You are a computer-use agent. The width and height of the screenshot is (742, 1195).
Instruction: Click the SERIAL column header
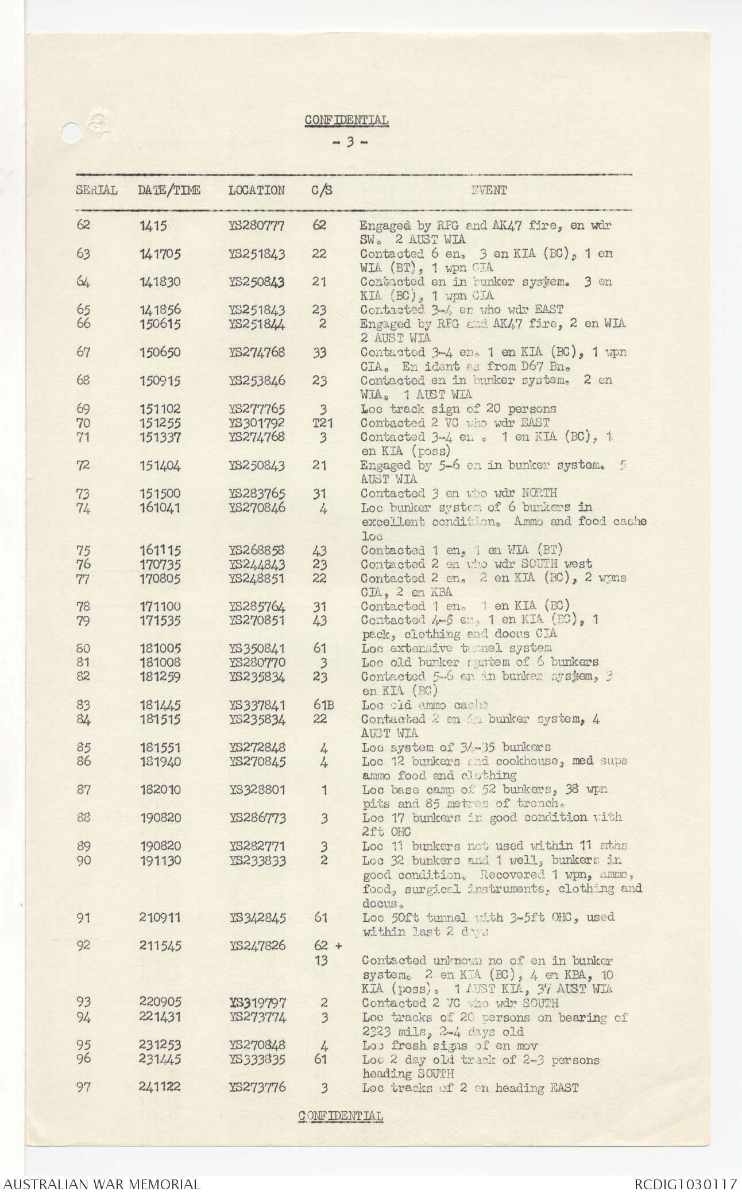pyautogui.click(x=96, y=190)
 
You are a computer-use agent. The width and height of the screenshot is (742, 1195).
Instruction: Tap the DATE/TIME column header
pyautogui.click(x=169, y=190)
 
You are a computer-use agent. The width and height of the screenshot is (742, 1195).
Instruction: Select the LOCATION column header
pyautogui.click(x=256, y=190)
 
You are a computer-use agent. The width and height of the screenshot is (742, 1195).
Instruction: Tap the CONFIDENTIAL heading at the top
pyautogui.click(x=346, y=120)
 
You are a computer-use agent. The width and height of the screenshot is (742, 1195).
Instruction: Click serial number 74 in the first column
pyautogui.click(x=84, y=507)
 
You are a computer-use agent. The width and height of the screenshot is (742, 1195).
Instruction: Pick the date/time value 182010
pyautogui.click(x=160, y=790)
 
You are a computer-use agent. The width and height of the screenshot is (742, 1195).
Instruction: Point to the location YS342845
pyautogui.click(x=257, y=918)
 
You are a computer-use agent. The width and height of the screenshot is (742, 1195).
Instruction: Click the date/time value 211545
pyautogui.click(x=160, y=946)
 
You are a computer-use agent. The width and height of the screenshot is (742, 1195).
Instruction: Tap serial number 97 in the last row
pyautogui.click(x=84, y=1087)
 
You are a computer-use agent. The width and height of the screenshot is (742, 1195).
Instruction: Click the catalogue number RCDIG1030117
pyautogui.click(x=685, y=1184)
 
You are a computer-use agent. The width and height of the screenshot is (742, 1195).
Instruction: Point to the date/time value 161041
pyautogui.click(x=160, y=507)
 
